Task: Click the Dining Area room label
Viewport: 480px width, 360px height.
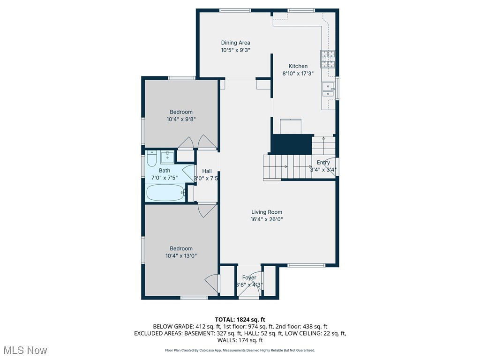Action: point(236,43)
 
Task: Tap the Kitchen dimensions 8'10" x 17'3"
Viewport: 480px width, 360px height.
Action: point(298,74)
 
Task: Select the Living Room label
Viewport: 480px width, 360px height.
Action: point(266,212)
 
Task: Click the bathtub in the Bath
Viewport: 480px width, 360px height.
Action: point(165,192)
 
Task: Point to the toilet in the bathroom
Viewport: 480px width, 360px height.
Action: point(151,159)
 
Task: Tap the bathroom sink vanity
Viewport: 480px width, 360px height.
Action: point(167,157)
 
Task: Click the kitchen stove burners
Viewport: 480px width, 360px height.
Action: point(328,59)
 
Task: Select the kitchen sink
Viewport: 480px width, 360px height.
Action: point(328,88)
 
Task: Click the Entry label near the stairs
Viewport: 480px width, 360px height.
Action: point(323,163)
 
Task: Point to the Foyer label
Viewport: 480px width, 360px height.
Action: point(249,277)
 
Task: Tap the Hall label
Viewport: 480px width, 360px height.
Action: point(207,171)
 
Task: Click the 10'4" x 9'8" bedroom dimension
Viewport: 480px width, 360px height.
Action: point(181,120)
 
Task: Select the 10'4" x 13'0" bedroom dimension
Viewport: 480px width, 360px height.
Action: point(181,256)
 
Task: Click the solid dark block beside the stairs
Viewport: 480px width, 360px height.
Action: point(292,144)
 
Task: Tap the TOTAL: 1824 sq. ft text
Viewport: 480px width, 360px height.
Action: point(240,319)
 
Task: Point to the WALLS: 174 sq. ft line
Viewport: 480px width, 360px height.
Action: point(240,340)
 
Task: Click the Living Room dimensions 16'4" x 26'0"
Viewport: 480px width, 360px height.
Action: point(266,219)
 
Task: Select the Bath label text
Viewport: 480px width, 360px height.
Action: point(165,171)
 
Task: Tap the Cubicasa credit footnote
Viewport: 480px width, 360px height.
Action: point(240,350)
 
